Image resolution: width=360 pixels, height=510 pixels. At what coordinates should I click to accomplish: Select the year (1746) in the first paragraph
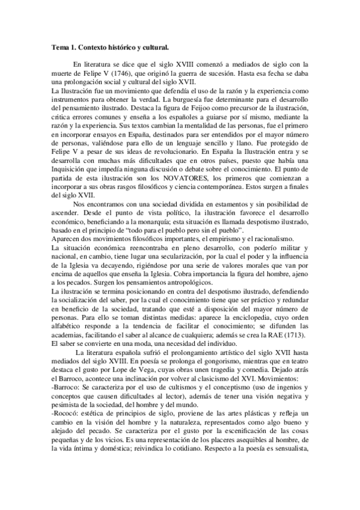click(123, 73)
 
